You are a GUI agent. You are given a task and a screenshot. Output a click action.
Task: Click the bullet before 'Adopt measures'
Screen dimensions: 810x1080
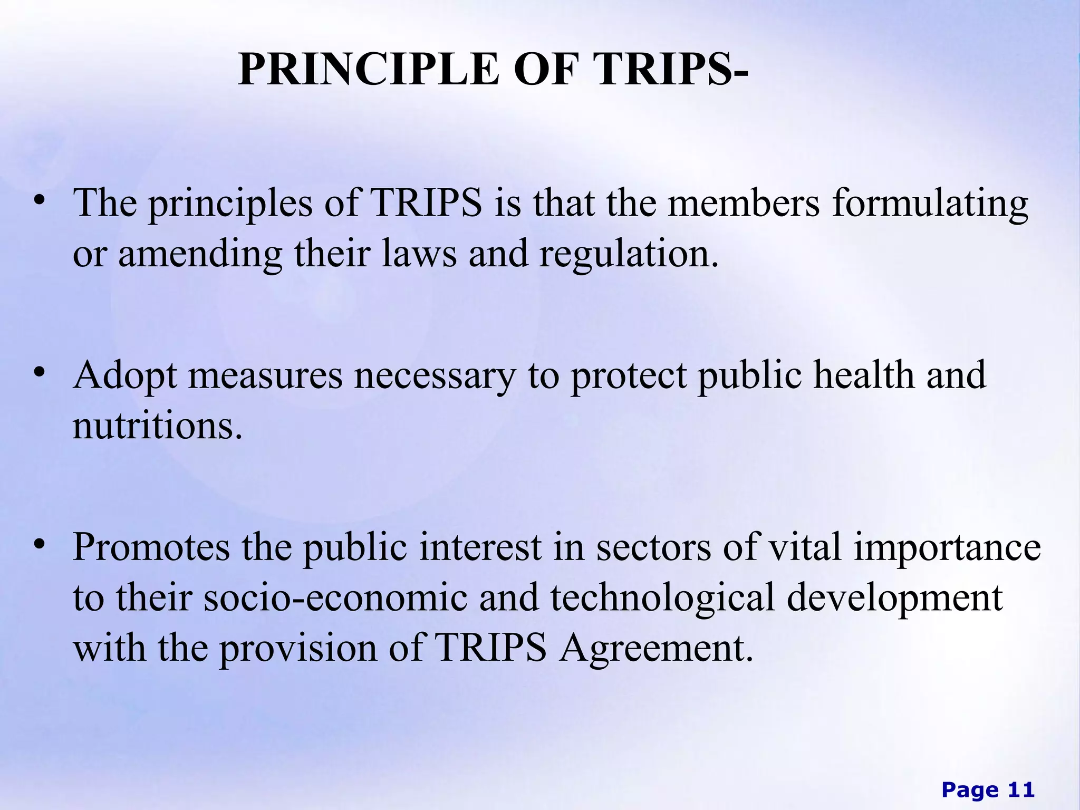38,373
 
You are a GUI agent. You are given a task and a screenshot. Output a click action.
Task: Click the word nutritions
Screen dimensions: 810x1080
157,426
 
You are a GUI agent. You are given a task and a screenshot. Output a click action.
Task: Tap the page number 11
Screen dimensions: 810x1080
1021,790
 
